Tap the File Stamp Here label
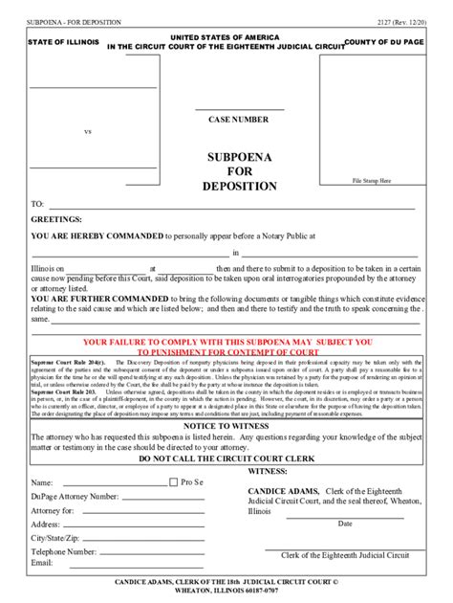click(372, 180)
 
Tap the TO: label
click(38, 204)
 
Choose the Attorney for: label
click(55, 510)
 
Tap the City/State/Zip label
click(59, 538)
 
